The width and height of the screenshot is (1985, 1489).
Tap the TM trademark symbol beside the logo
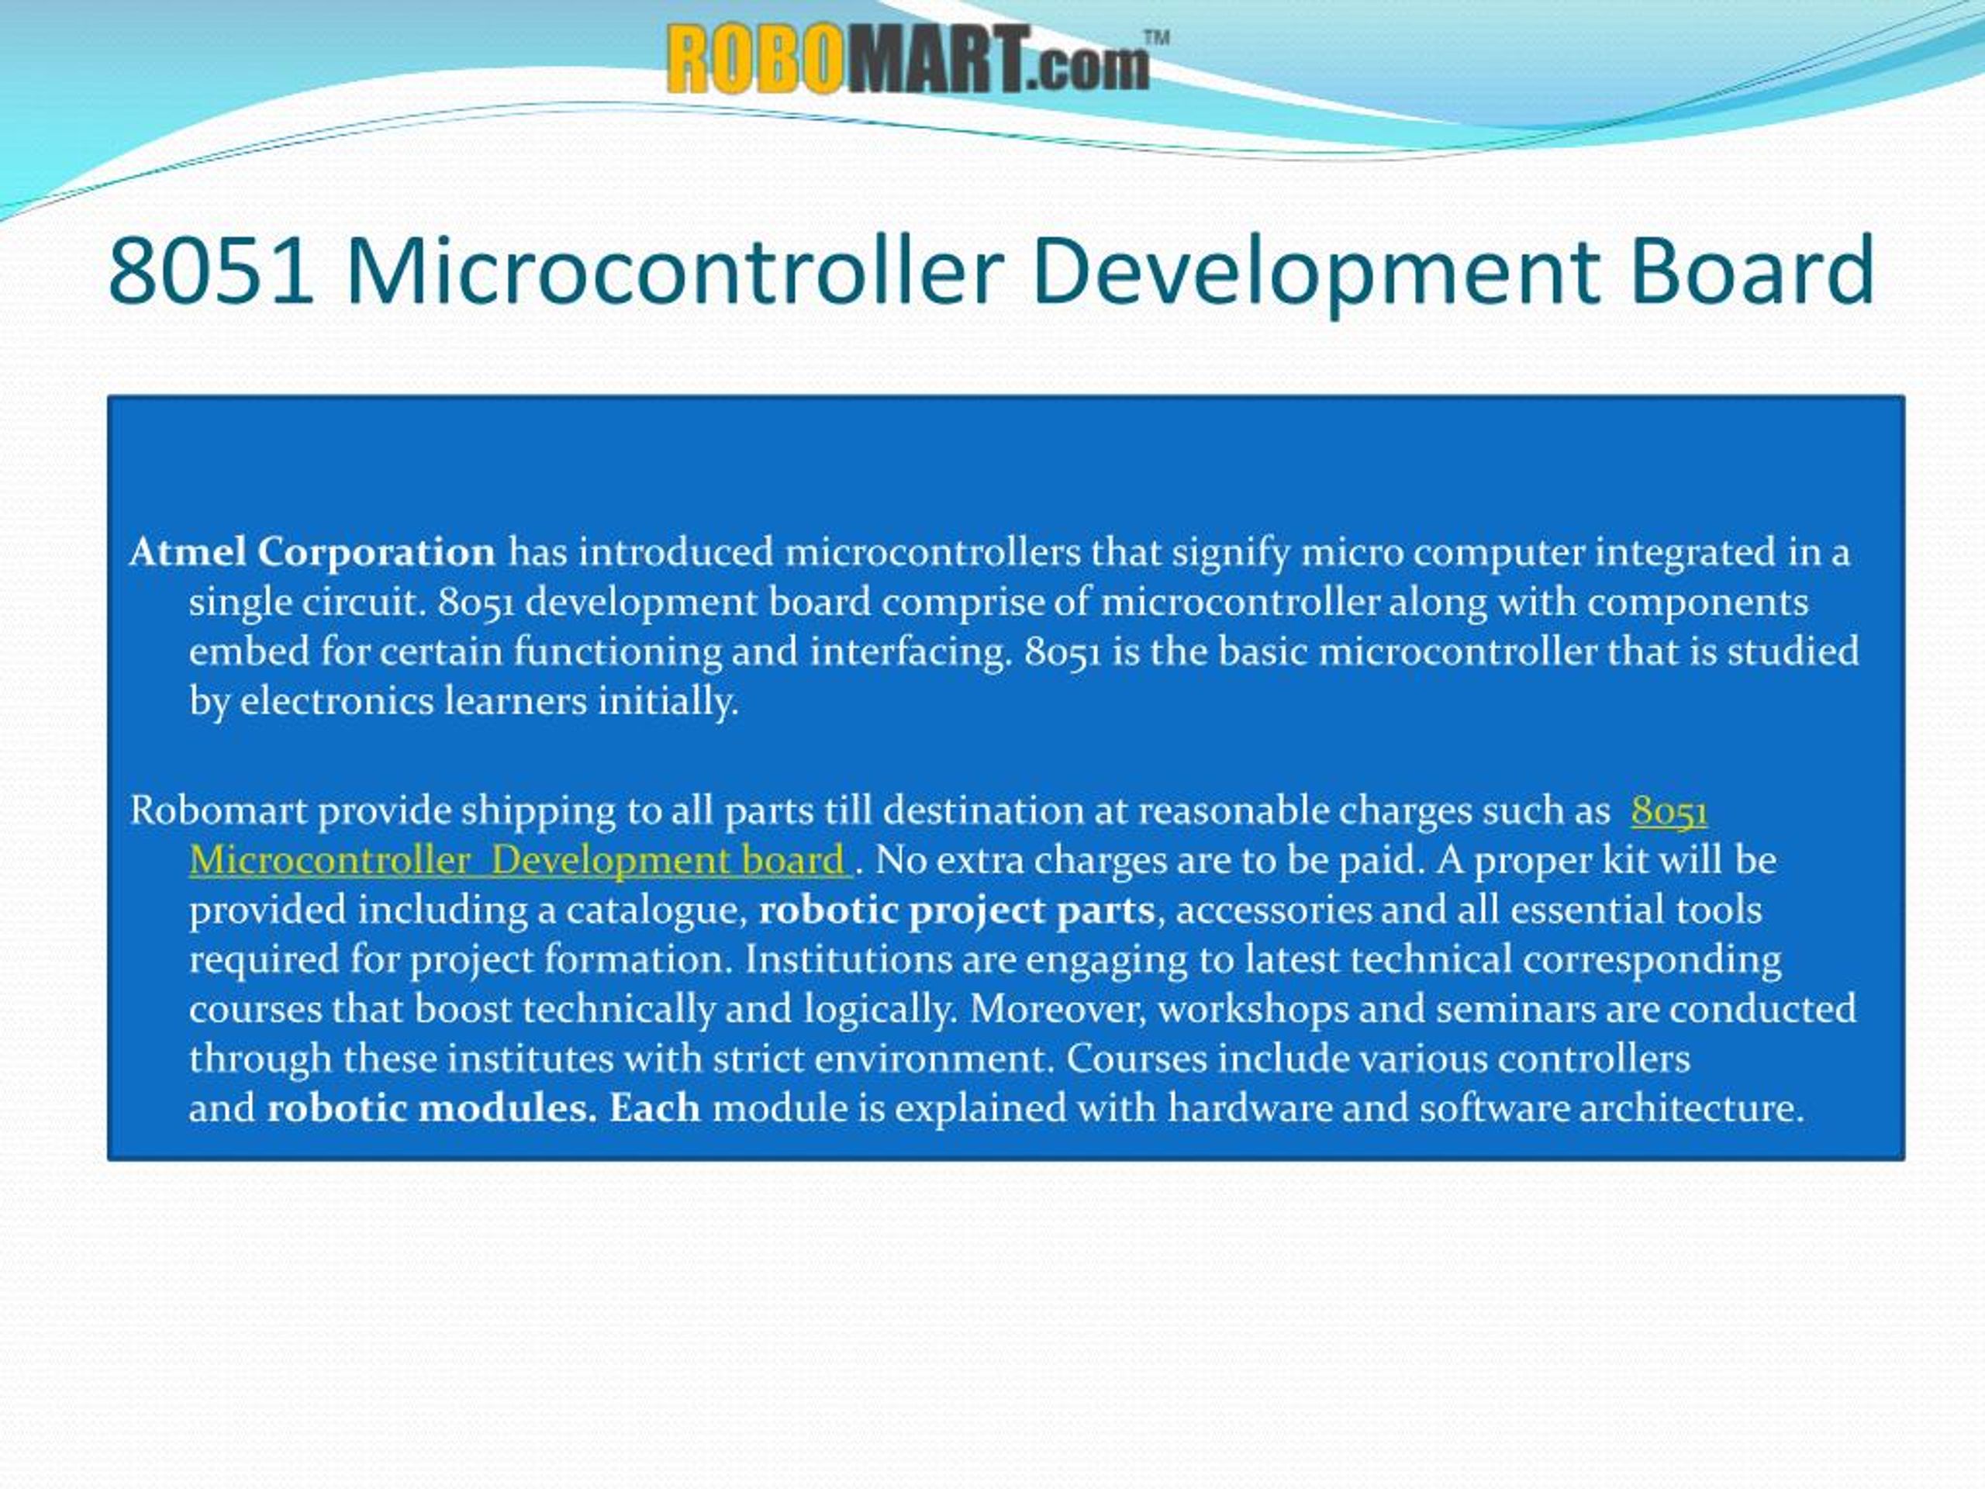tap(1156, 38)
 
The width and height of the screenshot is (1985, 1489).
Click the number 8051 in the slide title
tap(211, 270)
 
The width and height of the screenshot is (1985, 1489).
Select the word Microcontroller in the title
tap(674, 270)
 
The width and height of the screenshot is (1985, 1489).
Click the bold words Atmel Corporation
tap(312, 552)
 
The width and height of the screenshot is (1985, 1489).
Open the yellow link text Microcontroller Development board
tap(518, 861)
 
